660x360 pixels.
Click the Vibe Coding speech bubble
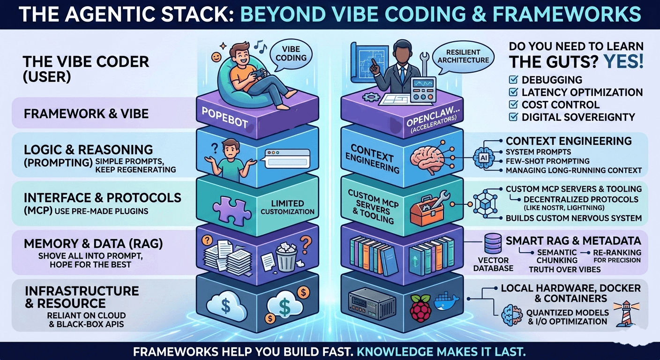(291, 52)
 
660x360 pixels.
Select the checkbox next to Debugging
(513, 80)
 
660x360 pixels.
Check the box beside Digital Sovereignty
(513, 117)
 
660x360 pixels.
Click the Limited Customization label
(288, 207)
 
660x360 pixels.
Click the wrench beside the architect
(425, 62)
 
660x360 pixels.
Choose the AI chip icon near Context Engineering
(483, 158)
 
